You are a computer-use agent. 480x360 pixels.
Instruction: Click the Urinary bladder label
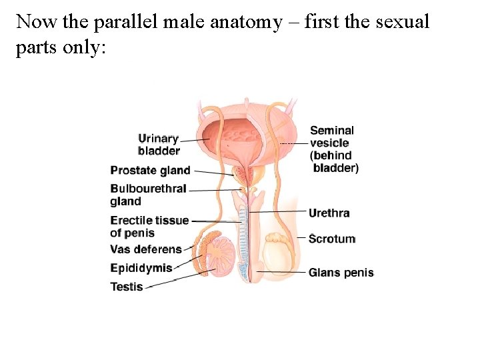pyautogui.click(x=158, y=144)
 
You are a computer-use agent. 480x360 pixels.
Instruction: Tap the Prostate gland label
pyautogui.click(x=150, y=171)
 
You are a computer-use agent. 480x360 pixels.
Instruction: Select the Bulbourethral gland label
pyautogui.click(x=148, y=195)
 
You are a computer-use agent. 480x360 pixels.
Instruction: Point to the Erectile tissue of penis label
pyautogui.click(x=149, y=227)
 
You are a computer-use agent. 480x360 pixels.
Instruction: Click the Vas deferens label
pyautogui.click(x=145, y=249)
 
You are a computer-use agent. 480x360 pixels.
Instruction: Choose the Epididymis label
pyautogui.click(x=141, y=268)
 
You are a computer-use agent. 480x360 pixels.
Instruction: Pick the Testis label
pyautogui.click(x=127, y=287)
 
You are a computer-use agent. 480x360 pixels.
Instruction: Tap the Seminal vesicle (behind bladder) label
pyautogui.click(x=333, y=149)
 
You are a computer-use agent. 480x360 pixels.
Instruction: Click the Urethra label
pyautogui.click(x=329, y=213)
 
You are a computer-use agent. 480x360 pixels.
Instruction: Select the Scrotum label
pyautogui.click(x=331, y=239)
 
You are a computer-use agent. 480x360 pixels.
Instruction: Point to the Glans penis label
pyautogui.click(x=341, y=273)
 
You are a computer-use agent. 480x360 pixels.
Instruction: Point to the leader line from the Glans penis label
pyautogui.click(x=280, y=272)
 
